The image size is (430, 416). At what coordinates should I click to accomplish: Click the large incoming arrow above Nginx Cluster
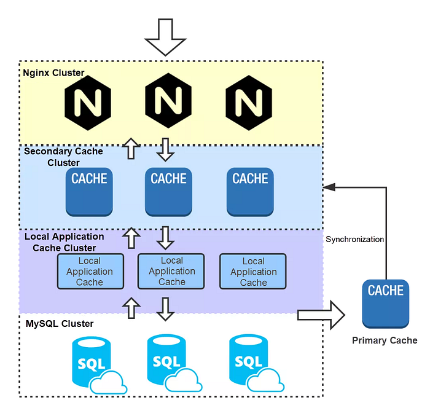[x=165, y=37]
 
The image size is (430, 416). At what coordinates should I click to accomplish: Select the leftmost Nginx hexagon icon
[x=88, y=103]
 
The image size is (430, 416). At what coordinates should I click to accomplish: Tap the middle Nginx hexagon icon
[x=168, y=100]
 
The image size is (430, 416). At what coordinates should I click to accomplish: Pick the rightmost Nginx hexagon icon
[x=249, y=103]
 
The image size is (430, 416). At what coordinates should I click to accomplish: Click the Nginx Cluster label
[x=53, y=73]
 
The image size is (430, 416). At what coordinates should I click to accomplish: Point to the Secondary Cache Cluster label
[x=63, y=157]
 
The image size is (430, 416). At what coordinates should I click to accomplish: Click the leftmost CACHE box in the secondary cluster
[x=89, y=192]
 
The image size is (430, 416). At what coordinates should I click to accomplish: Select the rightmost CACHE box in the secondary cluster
[x=250, y=192]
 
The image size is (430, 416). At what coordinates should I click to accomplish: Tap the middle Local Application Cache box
[x=171, y=271]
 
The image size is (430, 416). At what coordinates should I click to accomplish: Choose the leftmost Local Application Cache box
[x=90, y=272]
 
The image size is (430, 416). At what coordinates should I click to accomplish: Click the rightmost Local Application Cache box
[x=253, y=272]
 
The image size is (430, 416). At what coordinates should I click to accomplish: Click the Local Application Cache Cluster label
[x=64, y=242]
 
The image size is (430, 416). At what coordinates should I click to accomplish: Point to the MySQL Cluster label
[x=60, y=324]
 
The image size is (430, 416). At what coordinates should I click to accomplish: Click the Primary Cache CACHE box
[x=386, y=304]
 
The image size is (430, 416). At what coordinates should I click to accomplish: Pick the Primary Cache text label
[x=385, y=340]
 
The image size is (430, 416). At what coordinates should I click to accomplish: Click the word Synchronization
[x=354, y=239]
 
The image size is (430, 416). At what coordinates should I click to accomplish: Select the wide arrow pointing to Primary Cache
[x=321, y=315]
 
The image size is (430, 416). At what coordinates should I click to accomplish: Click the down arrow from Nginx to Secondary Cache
[x=165, y=149]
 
